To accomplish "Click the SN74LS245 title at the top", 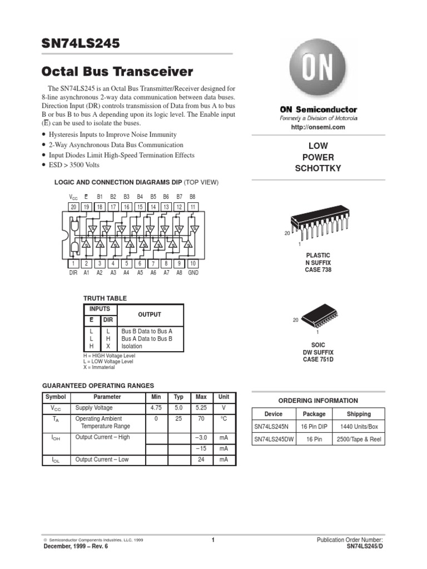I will tap(81, 43).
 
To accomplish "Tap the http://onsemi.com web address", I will tap(318, 127).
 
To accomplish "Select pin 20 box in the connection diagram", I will tap(73, 207).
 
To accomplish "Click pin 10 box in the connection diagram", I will tap(193, 263).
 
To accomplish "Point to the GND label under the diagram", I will tap(193, 273).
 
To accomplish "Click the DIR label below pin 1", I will tap(73, 273).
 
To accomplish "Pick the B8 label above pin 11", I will tap(192, 197).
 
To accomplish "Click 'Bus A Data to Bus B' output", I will tap(147, 338).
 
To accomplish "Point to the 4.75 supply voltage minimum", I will tap(156, 407).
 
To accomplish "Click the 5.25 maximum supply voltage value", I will tap(201, 407).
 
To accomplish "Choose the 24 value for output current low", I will tap(201, 460).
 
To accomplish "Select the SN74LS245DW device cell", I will tap(274, 439).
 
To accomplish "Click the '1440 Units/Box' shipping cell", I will tap(359, 426).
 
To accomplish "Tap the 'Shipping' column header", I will tap(359, 414).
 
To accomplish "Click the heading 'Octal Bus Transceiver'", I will tap(118, 72).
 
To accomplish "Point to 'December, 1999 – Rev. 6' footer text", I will tap(76, 546).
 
